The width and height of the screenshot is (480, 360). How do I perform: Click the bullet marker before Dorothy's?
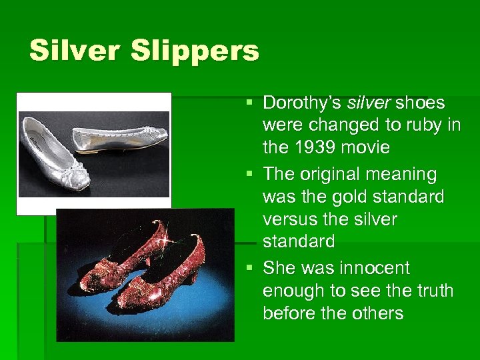(249, 103)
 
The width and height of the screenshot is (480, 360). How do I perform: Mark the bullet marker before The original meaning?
(249, 173)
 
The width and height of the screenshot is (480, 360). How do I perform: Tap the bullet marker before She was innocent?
(249, 267)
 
